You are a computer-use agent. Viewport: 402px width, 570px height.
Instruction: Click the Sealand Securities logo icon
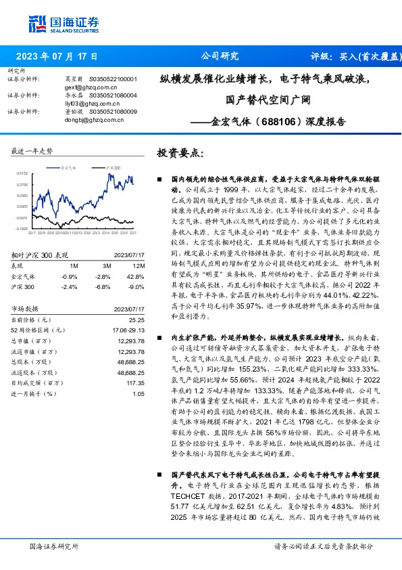(36, 23)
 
